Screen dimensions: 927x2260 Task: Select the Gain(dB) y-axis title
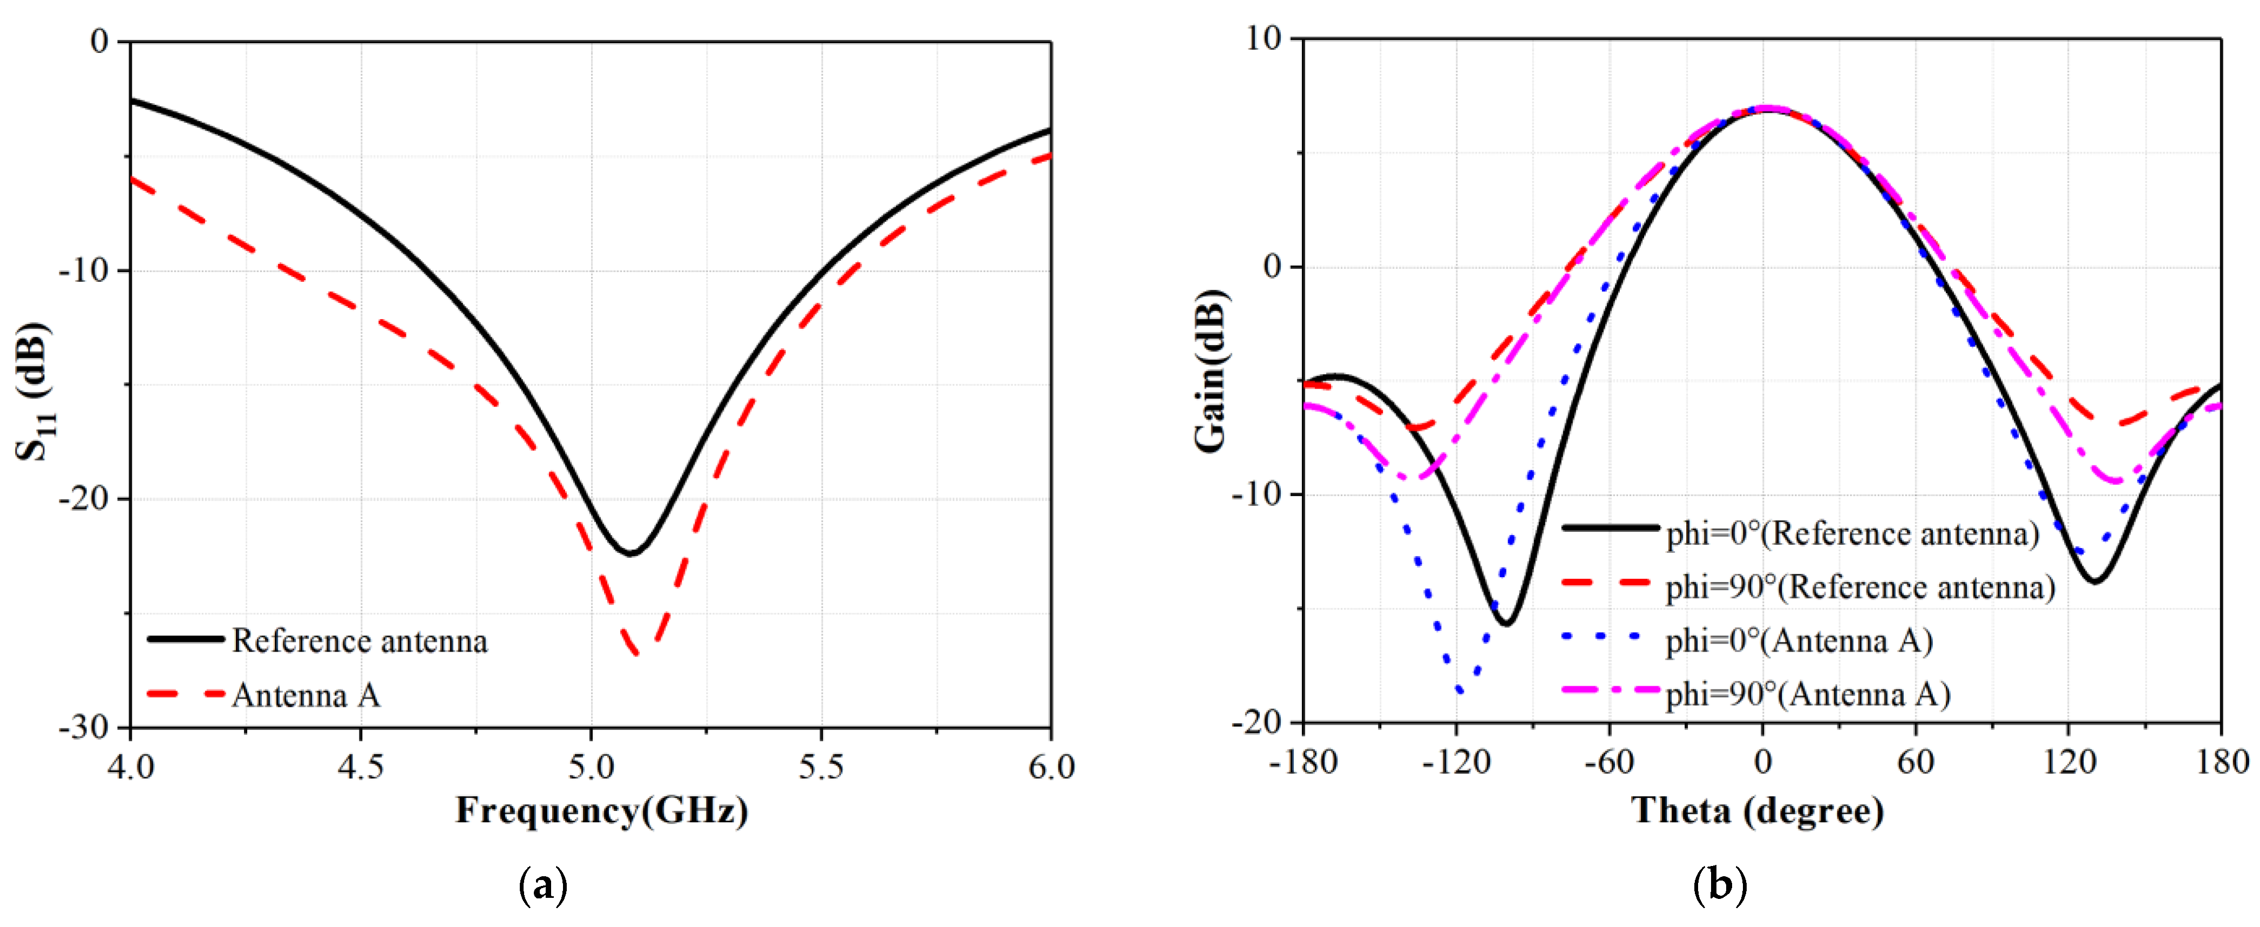[1211, 370]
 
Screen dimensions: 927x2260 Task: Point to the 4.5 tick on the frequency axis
[361, 766]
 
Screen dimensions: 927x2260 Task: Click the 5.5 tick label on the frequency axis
[820, 766]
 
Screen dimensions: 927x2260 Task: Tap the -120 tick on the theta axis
[1456, 761]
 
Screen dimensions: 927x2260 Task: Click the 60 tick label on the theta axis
[1915, 761]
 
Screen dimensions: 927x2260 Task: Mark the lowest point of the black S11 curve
[629, 553]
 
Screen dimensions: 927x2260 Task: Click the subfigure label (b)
[1720, 887]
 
